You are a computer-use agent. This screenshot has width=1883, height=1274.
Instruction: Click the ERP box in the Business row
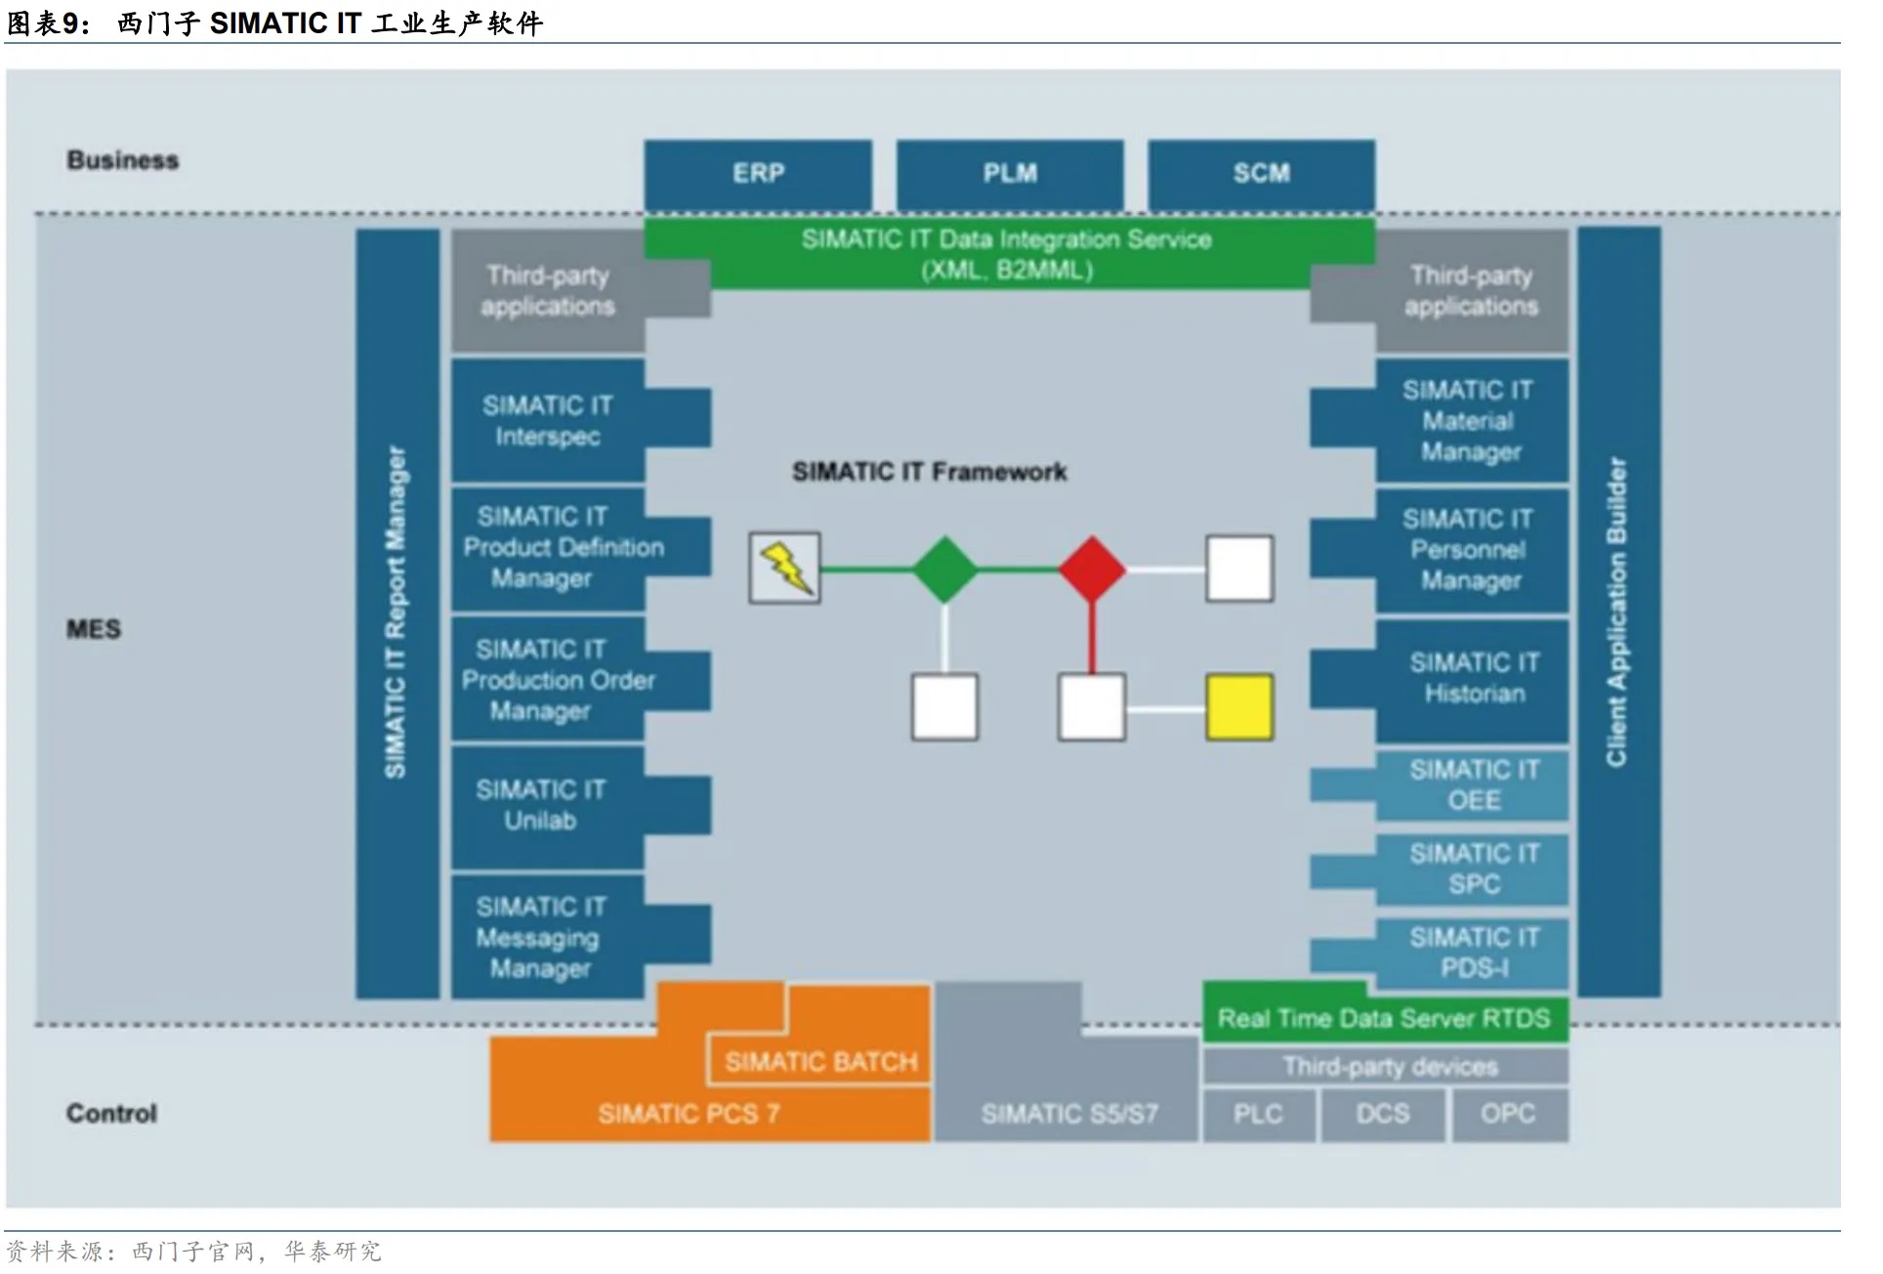coord(758,174)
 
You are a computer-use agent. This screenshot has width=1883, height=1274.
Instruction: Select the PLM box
coord(1010,174)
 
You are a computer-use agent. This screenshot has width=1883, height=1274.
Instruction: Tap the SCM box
coord(1261,174)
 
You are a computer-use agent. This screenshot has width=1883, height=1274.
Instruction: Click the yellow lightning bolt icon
coord(785,568)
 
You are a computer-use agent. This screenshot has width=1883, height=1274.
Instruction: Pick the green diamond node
coord(944,569)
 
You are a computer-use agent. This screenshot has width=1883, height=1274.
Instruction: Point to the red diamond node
coord(1092,569)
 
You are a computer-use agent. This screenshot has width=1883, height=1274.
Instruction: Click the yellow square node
coord(1239,706)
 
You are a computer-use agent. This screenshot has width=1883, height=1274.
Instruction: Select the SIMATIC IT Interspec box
coord(548,421)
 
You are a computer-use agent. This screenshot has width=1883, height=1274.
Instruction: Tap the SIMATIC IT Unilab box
coord(540,806)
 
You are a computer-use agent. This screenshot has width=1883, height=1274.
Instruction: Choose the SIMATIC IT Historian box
coord(1473,678)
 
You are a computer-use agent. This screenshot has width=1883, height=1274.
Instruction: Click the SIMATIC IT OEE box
coord(1473,785)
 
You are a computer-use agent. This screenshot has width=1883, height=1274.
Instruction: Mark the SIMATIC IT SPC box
coord(1473,869)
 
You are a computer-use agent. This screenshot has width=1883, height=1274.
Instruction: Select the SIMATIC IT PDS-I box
coord(1473,953)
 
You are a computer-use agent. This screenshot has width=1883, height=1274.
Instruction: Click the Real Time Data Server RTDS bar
coord(1384,1019)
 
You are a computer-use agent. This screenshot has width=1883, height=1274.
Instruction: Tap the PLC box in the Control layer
coord(1258,1114)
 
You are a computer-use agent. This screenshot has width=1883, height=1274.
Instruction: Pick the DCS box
coord(1382,1114)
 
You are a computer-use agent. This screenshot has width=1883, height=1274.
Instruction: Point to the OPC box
coord(1508,1114)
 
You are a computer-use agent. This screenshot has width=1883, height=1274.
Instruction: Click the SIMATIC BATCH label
coord(820,1062)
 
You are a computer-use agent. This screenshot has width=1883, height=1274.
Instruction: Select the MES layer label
coord(94,629)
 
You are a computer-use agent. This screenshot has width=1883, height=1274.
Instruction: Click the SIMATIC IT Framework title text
coord(929,473)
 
